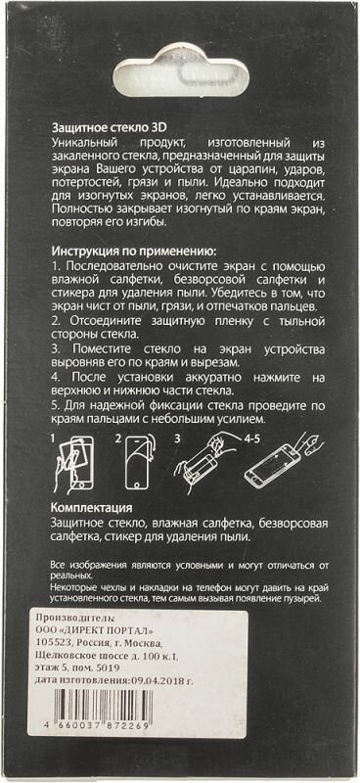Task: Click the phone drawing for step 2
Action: tap(137, 462)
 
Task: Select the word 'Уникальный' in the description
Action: tap(79, 141)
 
